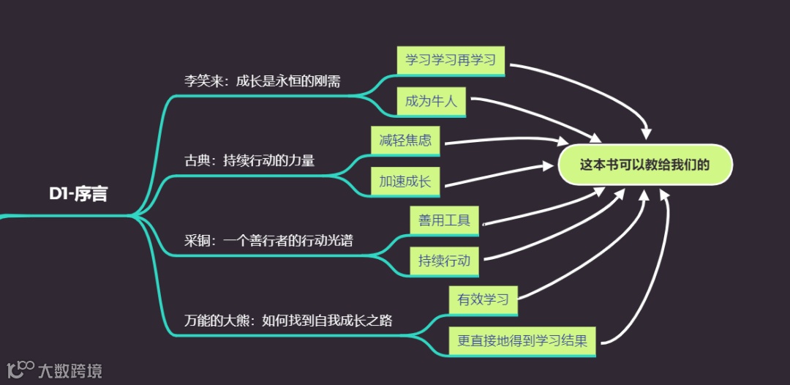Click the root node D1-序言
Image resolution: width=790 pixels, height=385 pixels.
click(x=78, y=194)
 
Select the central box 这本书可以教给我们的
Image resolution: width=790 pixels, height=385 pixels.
click(x=644, y=165)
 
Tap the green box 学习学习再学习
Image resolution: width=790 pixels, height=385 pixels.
click(x=451, y=60)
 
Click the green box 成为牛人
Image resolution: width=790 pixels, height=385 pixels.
click(x=431, y=101)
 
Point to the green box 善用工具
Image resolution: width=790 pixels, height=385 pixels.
click(x=444, y=220)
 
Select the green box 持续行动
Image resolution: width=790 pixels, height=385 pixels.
click(x=444, y=261)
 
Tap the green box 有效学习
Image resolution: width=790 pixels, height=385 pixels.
click(x=483, y=299)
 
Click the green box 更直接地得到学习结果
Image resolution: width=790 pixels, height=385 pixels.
click(x=522, y=340)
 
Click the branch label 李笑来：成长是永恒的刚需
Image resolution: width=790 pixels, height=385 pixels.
click(x=262, y=81)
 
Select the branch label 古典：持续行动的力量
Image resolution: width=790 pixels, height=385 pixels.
click(x=249, y=160)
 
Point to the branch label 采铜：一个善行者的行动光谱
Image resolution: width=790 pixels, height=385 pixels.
click(x=268, y=240)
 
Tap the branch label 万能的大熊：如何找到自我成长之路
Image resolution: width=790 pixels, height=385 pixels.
click(x=287, y=320)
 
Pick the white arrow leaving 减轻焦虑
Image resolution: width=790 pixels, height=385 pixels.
click(x=497, y=141)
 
